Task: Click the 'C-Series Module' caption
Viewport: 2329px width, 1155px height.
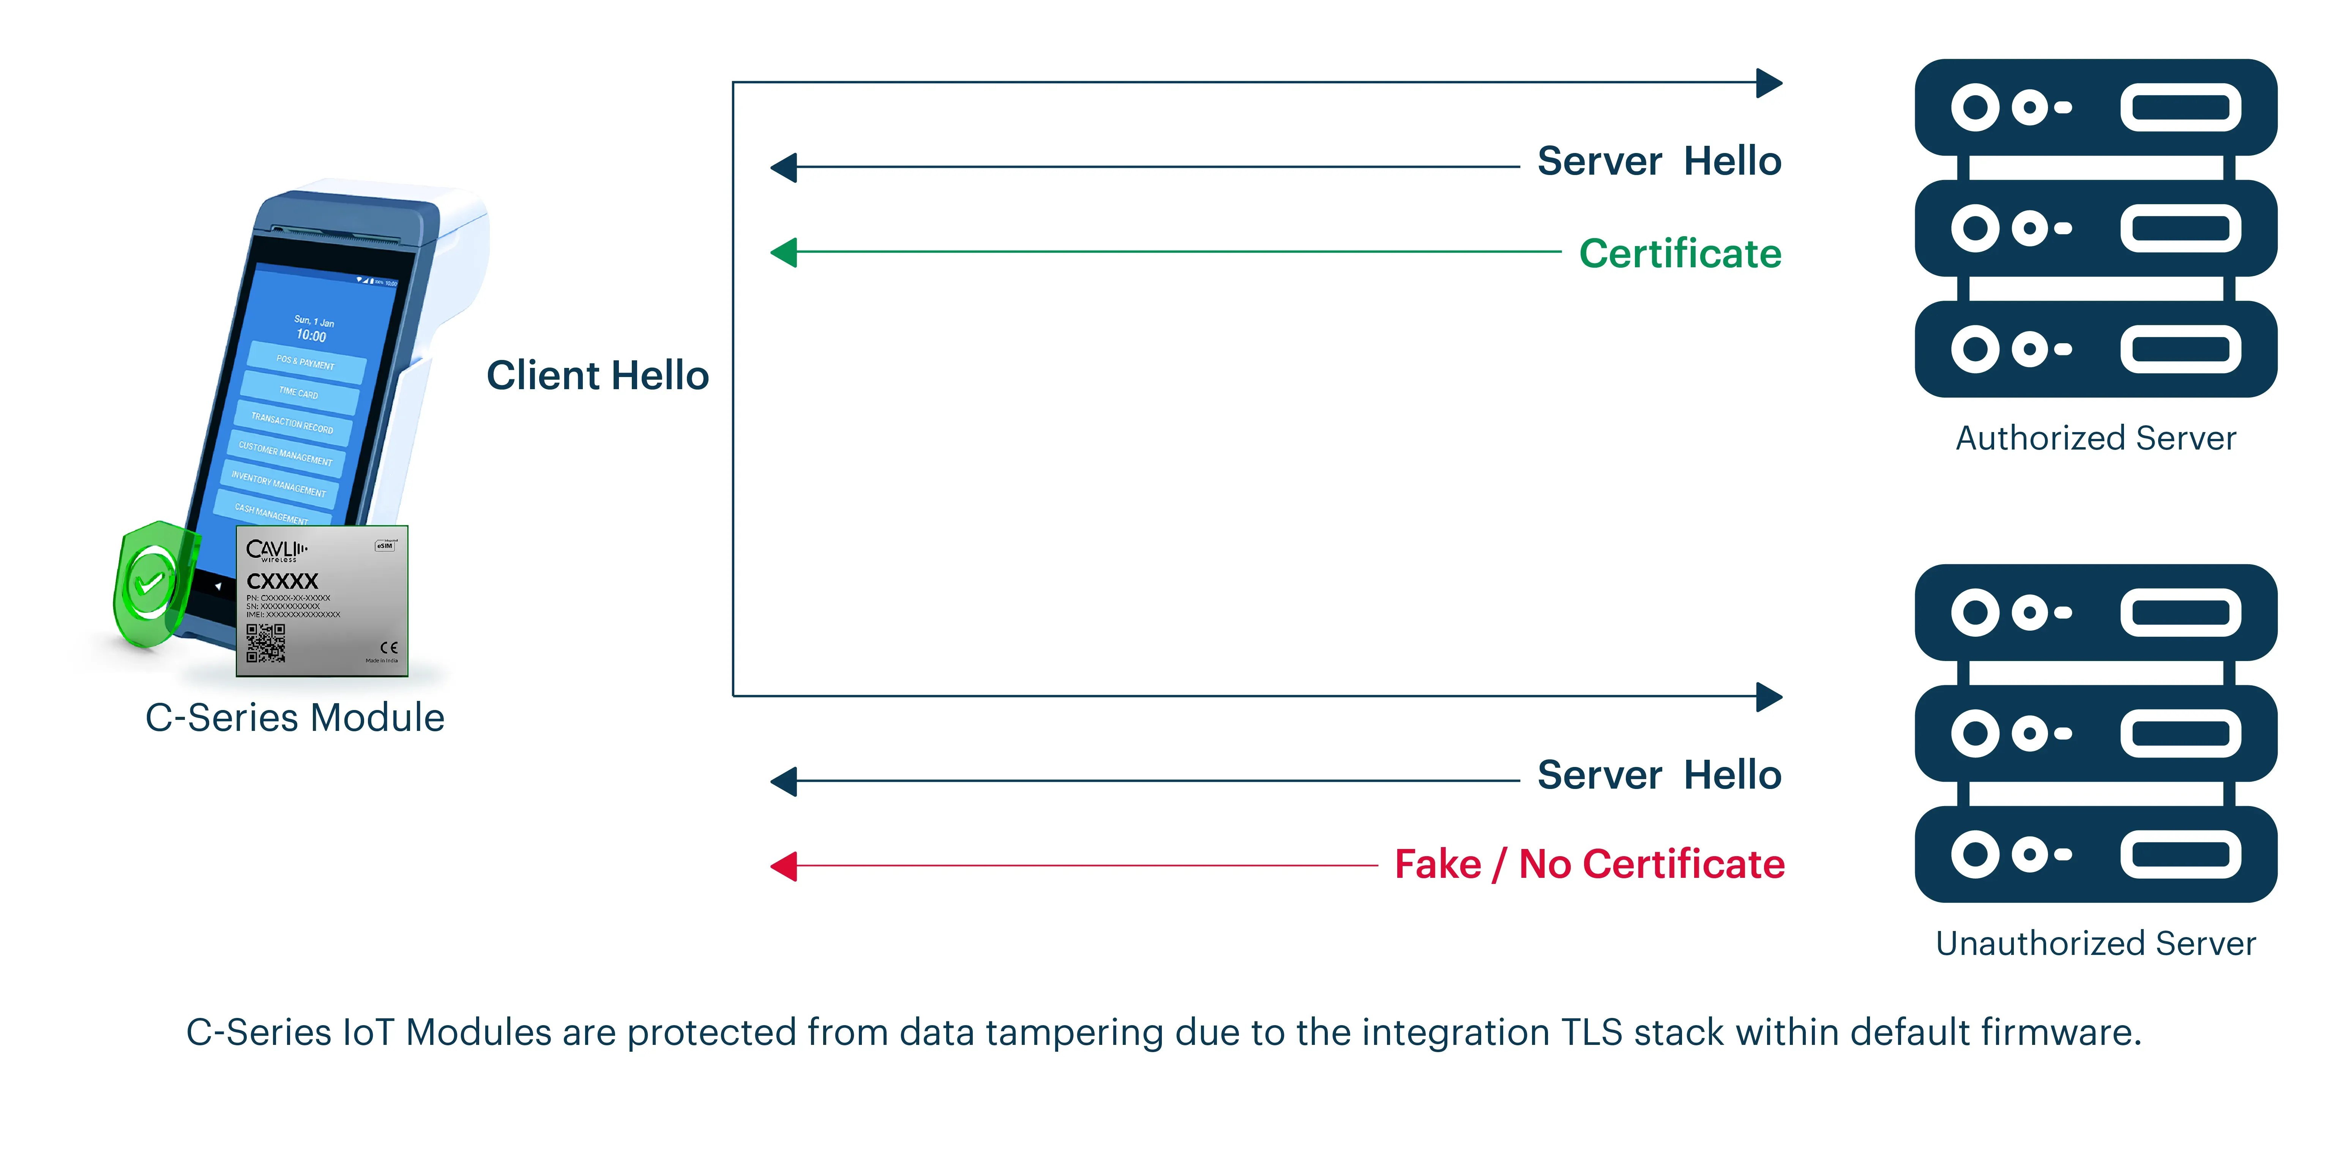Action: [x=295, y=718]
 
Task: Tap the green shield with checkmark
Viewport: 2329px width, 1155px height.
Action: [x=152, y=583]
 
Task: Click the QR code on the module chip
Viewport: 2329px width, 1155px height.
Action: [x=266, y=642]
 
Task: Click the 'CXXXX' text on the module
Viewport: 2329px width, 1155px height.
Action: [x=282, y=581]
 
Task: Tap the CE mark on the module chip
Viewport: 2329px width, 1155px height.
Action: [x=389, y=647]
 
